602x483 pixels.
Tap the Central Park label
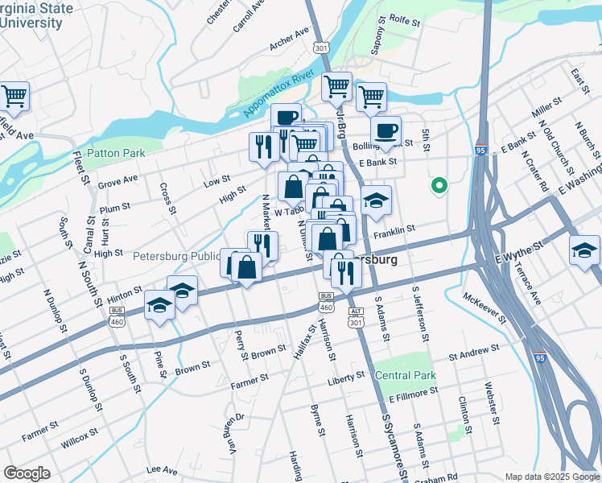(406, 375)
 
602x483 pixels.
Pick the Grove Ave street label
(118, 180)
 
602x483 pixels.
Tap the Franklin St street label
(394, 229)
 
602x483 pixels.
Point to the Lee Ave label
(162, 469)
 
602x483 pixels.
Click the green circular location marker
(439, 186)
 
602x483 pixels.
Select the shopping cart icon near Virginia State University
(14, 97)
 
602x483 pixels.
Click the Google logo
(27, 473)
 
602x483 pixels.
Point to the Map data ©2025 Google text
(551, 477)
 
